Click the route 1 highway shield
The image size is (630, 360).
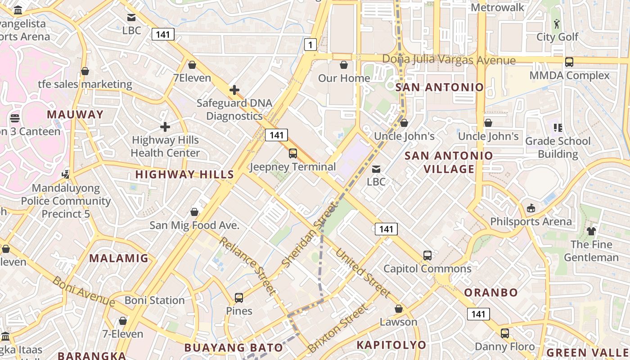tap(310, 44)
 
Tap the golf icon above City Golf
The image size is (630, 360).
tap(557, 24)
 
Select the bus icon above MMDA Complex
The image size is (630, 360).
tap(569, 62)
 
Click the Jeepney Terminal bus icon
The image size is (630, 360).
tap(293, 153)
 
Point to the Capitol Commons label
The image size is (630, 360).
tap(427, 269)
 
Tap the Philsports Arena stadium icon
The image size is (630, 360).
tap(531, 208)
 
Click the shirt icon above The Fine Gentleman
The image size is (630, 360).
tap(591, 231)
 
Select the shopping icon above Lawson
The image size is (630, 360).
tap(398, 309)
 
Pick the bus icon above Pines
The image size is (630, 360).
tap(239, 298)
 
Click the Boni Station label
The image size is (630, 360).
tap(154, 300)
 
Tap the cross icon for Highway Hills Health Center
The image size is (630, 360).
tap(165, 127)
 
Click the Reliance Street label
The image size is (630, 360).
tap(248, 265)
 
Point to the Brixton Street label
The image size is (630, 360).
tap(337, 329)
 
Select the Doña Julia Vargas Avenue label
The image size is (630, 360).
tap(449, 60)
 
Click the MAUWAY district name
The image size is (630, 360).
tap(75, 114)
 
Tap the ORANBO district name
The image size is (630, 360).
tap(491, 292)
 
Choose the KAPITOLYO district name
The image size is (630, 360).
tap(391, 345)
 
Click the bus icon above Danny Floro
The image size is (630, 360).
tap(505, 333)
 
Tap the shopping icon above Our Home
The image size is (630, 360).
tap(344, 65)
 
